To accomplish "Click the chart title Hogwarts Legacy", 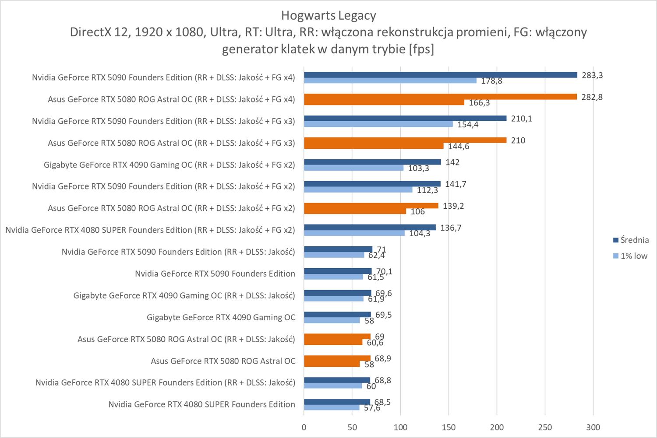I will tap(328, 16).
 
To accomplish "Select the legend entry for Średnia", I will tap(634, 240).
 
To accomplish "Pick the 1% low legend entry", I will tap(634, 256).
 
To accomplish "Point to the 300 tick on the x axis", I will tap(593, 427).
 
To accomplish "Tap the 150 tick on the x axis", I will tap(449, 427).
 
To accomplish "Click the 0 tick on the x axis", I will tap(304, 427).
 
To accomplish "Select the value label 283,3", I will tap(592, 75).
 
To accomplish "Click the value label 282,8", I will tap(592, 97).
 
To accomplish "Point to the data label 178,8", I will tap(491, 81).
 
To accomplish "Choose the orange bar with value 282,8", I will tap(440, 97).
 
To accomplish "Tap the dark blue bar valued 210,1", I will tap(405, 118).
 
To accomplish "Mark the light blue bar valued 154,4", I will tap(378, 124).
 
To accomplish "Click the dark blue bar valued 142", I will tap(372, 162).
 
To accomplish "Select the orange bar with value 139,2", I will tap(371, 206).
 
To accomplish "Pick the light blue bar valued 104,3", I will tap(354, 233).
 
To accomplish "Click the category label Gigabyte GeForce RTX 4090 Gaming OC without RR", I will tap(221, 317).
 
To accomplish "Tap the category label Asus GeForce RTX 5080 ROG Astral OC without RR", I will tap(223, 361).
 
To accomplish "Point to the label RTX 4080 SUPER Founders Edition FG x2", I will tap(150, 230).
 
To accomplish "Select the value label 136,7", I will tap(451, 228).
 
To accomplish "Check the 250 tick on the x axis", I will tap(545, 427).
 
